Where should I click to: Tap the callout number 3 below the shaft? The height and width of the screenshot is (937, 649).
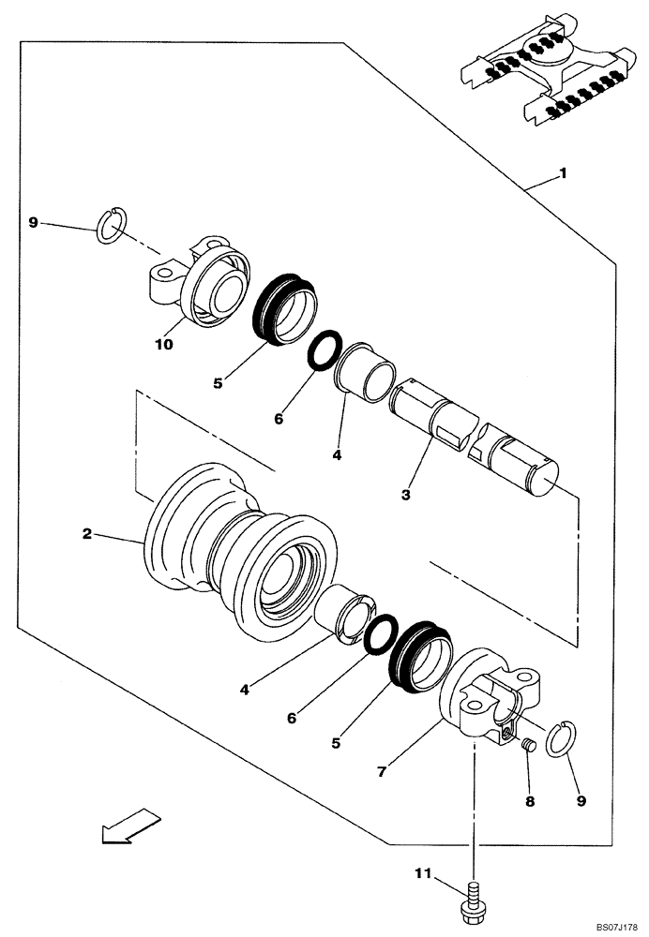tap(406, 493)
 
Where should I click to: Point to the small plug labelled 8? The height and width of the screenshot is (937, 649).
tap(527, 746)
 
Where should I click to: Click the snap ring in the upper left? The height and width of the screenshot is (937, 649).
tap(112, 227)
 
